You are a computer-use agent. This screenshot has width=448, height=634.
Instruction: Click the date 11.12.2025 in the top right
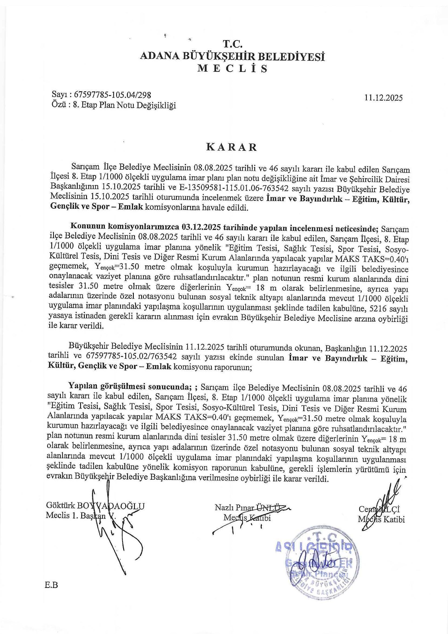[x=383, y=98]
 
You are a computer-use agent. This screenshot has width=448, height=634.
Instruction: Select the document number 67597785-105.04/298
[x=113, y=95]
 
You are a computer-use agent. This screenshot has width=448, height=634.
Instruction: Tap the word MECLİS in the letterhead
[x=233, y=69]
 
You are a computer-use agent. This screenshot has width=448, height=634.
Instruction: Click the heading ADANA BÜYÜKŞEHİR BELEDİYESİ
[x=232, y=57]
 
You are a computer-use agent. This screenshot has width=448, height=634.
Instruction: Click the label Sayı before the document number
[x=59, y=95]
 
